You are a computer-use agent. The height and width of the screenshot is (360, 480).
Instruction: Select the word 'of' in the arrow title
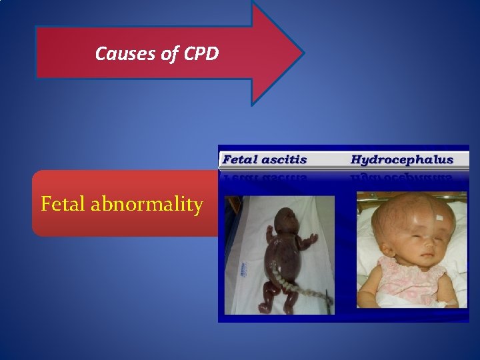point(168,53)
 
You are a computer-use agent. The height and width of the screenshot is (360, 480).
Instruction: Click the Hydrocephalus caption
point(401,159)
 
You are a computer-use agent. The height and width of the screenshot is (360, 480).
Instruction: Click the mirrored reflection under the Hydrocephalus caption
point(401,178)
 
